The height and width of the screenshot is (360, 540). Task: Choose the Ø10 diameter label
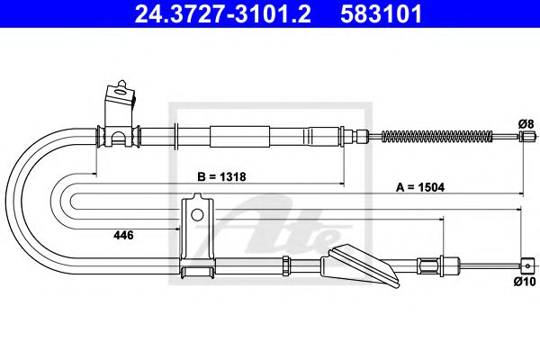tap(526, 281)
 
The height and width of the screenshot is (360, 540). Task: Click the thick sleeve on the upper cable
tap(239, 137)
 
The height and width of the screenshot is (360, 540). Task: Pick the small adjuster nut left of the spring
tap(363, 137)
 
